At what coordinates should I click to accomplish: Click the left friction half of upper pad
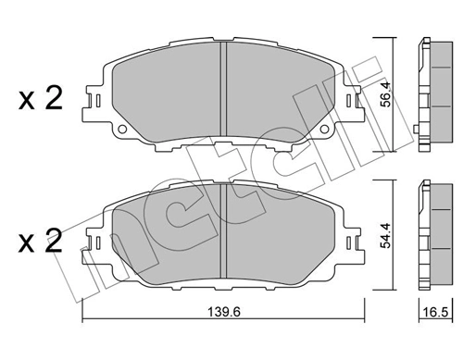[167, 93]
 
